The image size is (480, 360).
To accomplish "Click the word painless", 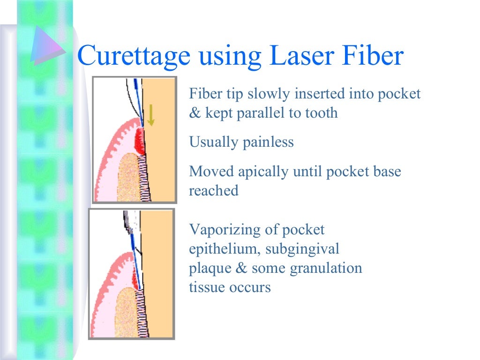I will click(268, 142).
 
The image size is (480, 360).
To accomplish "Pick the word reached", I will click(213, 191).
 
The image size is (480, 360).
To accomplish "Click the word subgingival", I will click(302, 249).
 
